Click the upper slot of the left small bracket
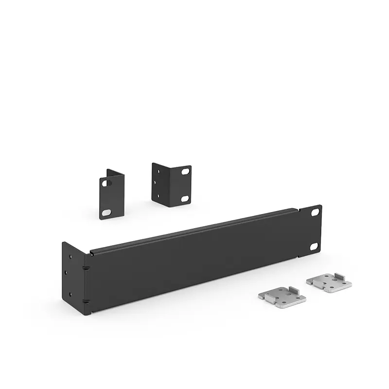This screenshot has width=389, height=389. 106,183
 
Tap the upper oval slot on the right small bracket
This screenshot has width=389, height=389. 185,172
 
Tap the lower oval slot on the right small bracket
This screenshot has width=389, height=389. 185,198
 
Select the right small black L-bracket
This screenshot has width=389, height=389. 170,184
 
